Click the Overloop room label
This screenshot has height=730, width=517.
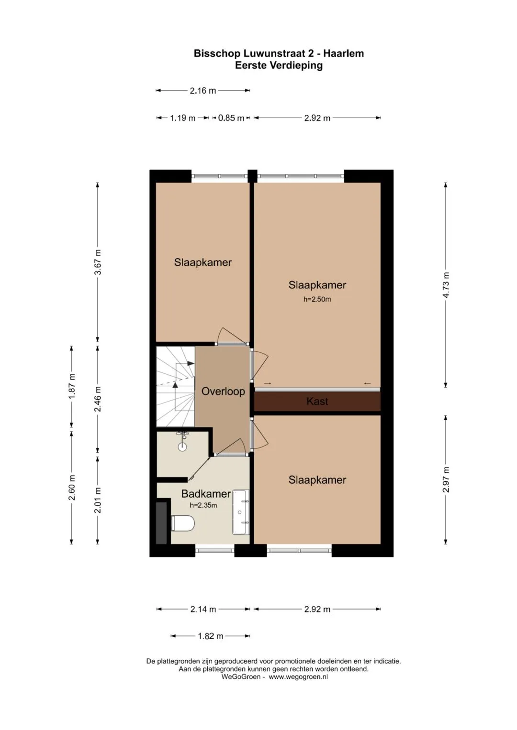tap(223, 391)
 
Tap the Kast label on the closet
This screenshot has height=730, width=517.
tap(317, 401)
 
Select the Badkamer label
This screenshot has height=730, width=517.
tap(206, 494)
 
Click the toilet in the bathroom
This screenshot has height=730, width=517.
tap(183, 523)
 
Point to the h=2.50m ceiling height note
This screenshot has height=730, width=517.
tap(317, 299)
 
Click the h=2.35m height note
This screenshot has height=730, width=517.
tap(203, 505)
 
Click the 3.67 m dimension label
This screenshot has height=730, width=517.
tap(98, 262)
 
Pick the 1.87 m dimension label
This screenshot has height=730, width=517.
tap(71, 386)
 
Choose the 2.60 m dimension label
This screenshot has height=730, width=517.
tap(71, 488)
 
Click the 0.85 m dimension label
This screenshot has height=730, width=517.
tap(231, 118)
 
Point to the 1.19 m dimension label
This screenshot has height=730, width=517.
tap(182, 118)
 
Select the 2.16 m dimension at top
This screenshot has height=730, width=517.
tap(202, 91)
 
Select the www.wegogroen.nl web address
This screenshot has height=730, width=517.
tap(298, 676)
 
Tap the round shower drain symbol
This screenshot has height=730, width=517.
tap(182, 447)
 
